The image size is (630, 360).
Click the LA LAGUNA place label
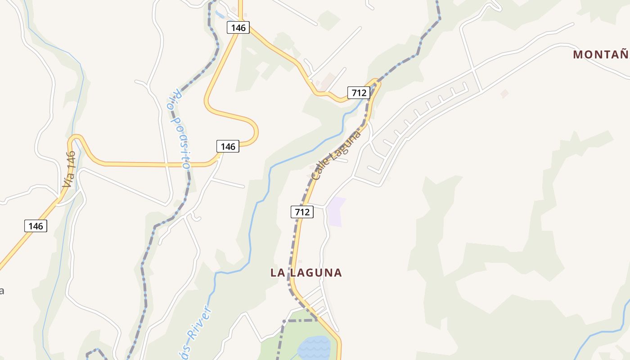coord(306,273)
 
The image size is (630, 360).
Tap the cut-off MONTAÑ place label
coord(600,55)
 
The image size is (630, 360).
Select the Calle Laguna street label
coord(336,155)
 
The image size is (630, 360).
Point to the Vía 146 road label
coord(69,170)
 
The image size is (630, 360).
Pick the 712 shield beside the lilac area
coord(302,212)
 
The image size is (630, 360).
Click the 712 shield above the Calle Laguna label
coord(359,93)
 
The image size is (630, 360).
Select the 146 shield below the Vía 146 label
coord(36,226)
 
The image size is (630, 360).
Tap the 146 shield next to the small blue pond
coord(238,27)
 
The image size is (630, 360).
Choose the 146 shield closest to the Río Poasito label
coord(228,146)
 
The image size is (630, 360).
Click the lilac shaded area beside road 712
coord(335,211)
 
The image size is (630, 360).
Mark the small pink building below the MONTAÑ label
coord(504,94)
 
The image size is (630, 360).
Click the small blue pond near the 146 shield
coord(220,14)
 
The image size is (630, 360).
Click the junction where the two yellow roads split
coord(240,20)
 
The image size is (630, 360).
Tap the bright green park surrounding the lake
coord(274,346)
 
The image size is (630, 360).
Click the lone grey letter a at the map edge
coord(2,291)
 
